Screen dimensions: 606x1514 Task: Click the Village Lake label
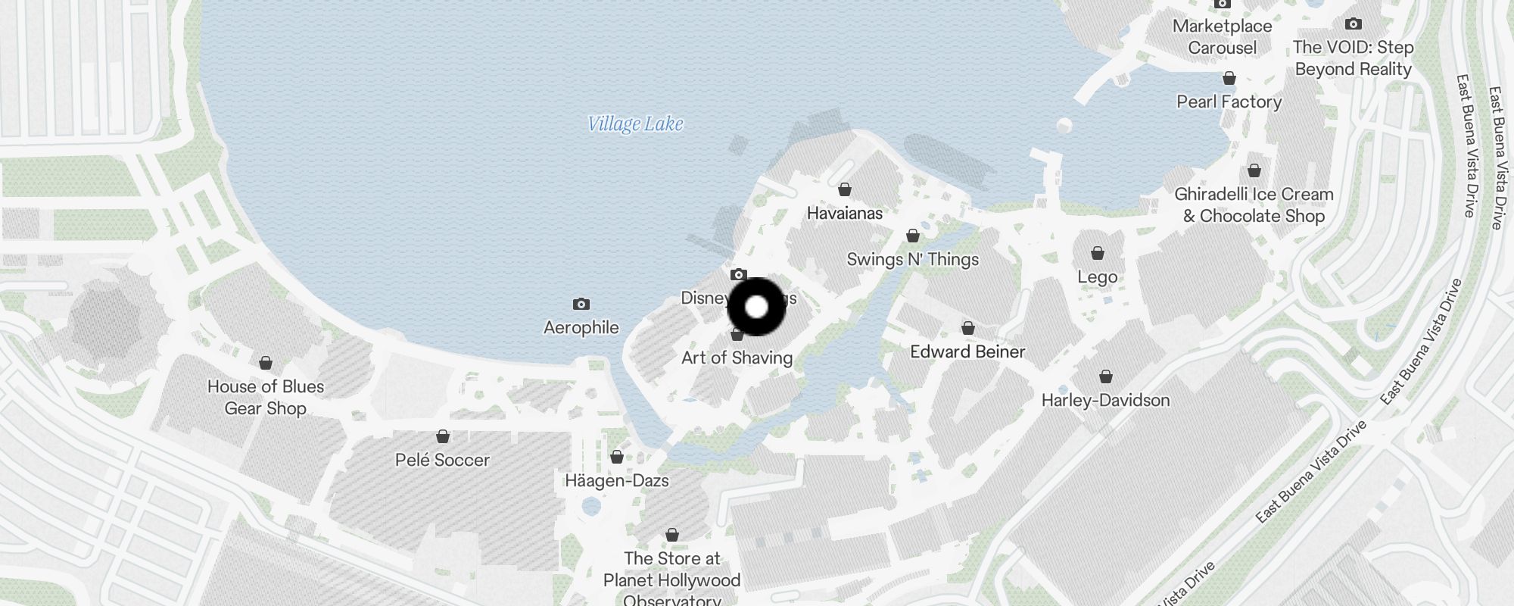coord(635,123)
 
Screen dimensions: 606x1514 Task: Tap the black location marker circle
coord(756,307)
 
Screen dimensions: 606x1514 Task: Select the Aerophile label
coord(581,327)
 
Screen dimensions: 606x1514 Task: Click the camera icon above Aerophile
coord(581,304)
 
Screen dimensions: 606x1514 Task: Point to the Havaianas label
coord(844,213)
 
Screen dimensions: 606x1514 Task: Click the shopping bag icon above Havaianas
coord(844,189)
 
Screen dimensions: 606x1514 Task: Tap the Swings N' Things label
coord(912,259)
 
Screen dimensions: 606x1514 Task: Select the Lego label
coord(1097,276)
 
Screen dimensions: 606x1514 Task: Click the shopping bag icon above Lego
coord(1097,253)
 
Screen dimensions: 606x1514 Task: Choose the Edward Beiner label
coord(967,351)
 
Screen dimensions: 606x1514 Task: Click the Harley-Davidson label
coord(1105,400)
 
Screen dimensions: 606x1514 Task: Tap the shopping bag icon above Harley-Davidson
coord(1105,376)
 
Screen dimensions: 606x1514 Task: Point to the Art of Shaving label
coord(737,358)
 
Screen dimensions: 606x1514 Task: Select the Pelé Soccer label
coord(442,460)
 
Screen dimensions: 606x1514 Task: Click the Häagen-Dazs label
coord(616,480)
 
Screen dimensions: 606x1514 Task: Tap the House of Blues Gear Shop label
coord(265,397)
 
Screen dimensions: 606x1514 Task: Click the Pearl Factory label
coord(1229,102)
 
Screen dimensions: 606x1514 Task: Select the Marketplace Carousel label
coord(1222,36)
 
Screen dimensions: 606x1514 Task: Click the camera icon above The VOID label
coord(1353,24)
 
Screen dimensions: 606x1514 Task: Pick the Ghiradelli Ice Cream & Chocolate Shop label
coord(1254,205)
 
